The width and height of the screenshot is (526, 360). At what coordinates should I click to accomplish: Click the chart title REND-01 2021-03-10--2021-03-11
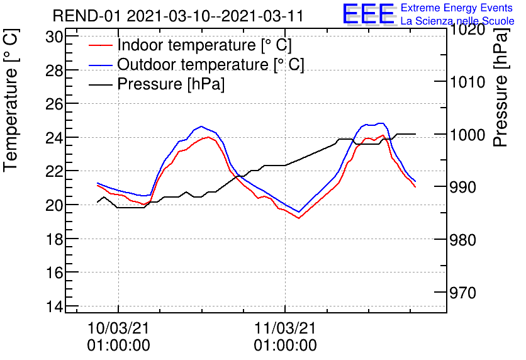pyautogui.click(x=177, y=16)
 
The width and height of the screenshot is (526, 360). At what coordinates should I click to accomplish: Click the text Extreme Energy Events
pyautogui.click(x=457, y=8)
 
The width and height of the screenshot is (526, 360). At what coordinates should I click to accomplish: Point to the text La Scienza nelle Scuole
pyautogui.click(x=457, y=21)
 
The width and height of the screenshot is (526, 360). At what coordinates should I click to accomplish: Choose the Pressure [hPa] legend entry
pyautogui.click(x=171, y=84)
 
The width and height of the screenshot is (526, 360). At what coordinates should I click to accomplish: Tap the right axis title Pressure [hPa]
pyautogui.click(x=501, y=92)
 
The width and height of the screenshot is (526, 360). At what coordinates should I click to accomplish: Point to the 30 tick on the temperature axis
pyautogui.click(x=55, y=37)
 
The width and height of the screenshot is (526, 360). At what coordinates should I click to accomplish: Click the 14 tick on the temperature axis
pyautogui.click(x=55, y=307)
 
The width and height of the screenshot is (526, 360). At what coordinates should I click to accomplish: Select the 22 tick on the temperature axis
pyautogui.click(x=55, y=172)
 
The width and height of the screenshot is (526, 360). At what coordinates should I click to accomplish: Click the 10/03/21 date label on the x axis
pyautogui.click(x=118, y=329)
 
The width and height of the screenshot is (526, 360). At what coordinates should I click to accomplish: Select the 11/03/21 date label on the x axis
pyautogui.click(x=285, y=329)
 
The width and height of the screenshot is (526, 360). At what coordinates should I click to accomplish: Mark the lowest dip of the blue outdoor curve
pyautogui.click(x=299, y=212)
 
